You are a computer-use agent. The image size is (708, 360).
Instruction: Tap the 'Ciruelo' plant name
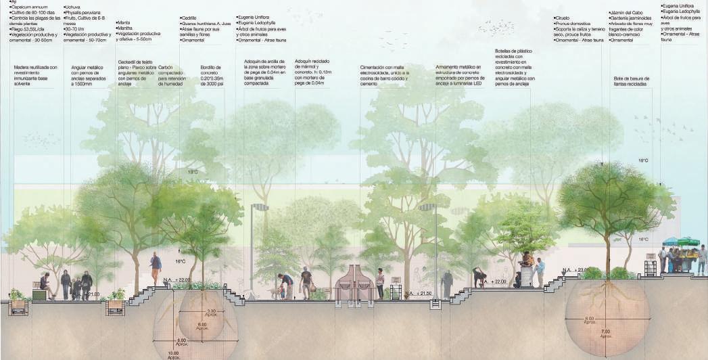coord(563,18)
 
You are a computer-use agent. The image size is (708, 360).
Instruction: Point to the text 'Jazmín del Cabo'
coord(626,13)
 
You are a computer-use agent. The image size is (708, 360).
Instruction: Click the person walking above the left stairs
coord(156,268)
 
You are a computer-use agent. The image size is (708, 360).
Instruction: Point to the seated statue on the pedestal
coord(527,260)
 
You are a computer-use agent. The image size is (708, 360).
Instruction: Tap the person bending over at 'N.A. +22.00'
coord(479,276)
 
